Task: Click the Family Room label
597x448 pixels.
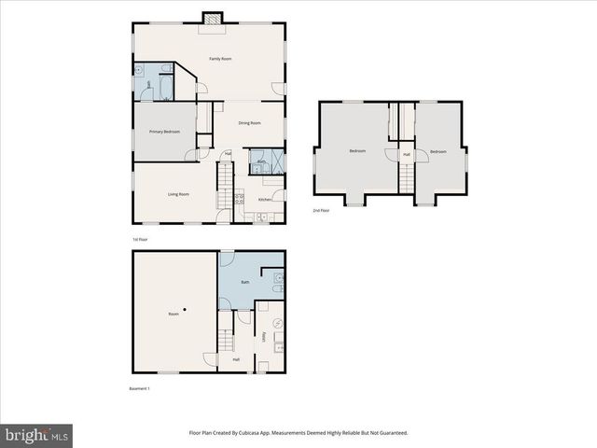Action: coord(220,59)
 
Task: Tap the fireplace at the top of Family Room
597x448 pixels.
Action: coord(214,19)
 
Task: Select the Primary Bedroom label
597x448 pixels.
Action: coord(164,132)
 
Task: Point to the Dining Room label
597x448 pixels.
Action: coord(249,123)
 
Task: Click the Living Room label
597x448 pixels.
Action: coord(178,194)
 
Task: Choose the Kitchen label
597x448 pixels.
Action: coord(265,200)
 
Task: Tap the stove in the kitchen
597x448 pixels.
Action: coord(240,199)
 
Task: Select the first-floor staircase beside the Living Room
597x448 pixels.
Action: coord(224,185)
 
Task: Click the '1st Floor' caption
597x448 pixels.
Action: coord(139,239)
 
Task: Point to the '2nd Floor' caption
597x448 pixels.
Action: coord(321,211)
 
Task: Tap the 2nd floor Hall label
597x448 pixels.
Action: coord(407,154)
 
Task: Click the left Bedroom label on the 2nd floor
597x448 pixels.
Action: coord(357,151)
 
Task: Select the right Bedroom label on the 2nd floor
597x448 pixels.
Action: coord(438,151)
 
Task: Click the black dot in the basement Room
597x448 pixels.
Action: coord(185,309)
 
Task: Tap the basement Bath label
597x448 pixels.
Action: coord(245,282)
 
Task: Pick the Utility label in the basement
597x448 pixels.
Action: coord(265,336)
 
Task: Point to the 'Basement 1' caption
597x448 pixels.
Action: coord(139,388)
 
